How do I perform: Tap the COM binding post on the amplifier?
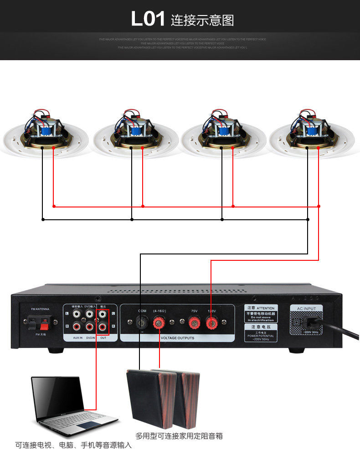pyautogui.click(x=142, y=324)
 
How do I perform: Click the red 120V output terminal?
pyautogui.click(x=211, y=324)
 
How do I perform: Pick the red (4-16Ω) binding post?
pyautogui.click(x=160, y=324)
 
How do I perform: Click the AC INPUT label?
pyautogui.click(x=306, y=309)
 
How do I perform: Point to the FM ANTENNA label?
pyautogui.click(x=40, y=309)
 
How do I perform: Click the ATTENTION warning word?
pyautogui.click(x=267, y=308)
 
